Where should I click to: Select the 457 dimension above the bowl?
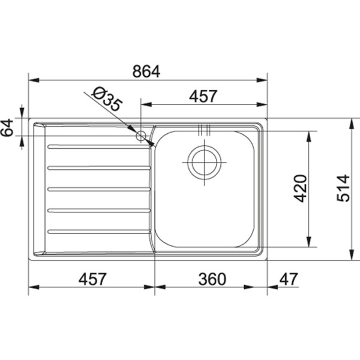202,96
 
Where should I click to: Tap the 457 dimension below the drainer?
92,279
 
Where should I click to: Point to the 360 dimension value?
211,279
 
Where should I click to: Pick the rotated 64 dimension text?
8,128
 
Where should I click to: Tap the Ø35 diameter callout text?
106,100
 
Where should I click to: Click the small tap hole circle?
142,136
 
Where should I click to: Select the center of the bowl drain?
204,161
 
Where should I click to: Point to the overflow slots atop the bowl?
203,128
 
